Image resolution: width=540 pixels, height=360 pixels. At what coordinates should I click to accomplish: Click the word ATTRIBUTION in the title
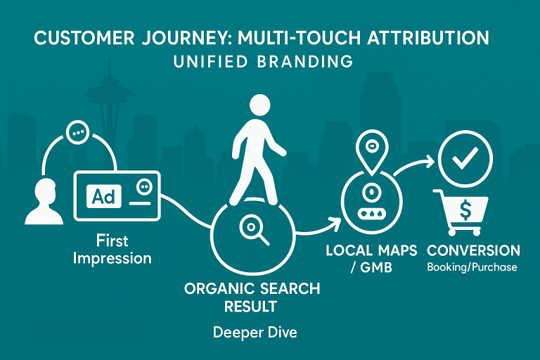[x=428, y=37]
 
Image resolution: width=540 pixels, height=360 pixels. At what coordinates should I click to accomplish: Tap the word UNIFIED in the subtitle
[x=210, y=62]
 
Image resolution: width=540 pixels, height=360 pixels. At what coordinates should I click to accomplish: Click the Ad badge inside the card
[x=103, y=196]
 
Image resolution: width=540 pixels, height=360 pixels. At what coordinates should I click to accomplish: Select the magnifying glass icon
[x=254, y=229]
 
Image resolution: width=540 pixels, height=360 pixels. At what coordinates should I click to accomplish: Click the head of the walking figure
[x=259, y=105]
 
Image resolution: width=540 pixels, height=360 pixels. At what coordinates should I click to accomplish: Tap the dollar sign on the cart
[x=465, y=210]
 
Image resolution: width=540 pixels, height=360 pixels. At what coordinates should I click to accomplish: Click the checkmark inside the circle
[x=465, y=158]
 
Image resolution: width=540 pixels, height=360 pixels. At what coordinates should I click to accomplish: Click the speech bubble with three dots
[x=77, y=132]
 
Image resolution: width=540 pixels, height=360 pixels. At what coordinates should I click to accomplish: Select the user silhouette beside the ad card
[x=44, y=202]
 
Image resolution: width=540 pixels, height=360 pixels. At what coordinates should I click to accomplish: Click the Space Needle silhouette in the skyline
[x=110, y=103]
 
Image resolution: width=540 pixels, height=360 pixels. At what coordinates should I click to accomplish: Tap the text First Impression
[x=112, y=249]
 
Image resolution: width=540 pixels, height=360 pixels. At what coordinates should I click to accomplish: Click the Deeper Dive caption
[x=255, y=333]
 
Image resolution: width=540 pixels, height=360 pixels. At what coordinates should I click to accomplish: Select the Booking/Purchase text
[x=472, y=267]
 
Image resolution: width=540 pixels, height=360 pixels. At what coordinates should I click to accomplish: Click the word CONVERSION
[x=473, y=250]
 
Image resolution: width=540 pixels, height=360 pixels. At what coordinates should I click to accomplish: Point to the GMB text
[x=376, y=268]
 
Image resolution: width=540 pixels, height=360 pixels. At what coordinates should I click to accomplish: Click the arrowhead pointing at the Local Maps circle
[x=335, y=223]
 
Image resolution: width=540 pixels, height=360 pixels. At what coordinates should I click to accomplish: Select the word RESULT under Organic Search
[x=251, y=307]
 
